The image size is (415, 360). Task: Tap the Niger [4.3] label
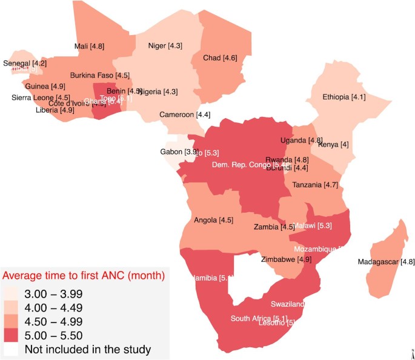tap(165, 45)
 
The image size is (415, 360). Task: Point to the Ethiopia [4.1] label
tap(344, 97)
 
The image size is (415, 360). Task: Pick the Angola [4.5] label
tap(213, 220)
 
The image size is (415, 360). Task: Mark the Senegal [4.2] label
tap(25, 63)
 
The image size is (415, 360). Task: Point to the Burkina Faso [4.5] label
tap(100, 76)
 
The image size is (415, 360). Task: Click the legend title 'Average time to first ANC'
tap(84, 276)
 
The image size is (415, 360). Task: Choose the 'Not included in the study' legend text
tap(87, 350)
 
